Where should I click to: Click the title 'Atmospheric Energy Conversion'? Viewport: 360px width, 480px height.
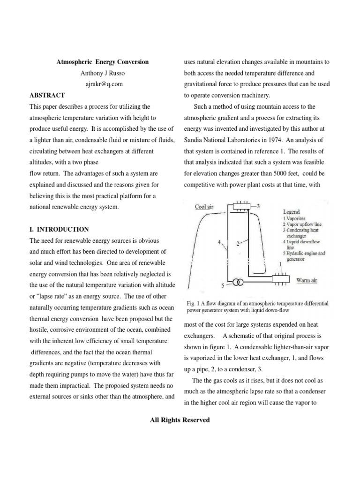point(102,62)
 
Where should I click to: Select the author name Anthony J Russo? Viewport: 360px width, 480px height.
point(102,73)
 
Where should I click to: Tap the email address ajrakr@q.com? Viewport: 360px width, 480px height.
point(102,84)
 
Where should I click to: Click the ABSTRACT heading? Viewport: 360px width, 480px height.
point(47,95)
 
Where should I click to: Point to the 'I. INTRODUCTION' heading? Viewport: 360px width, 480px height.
point(59,229)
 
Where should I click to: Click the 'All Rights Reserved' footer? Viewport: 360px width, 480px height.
point(180,420)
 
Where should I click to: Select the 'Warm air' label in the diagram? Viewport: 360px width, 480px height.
point(307,280)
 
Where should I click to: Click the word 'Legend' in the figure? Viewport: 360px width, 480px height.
point(292,212)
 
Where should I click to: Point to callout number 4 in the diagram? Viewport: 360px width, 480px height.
point(219,242)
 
